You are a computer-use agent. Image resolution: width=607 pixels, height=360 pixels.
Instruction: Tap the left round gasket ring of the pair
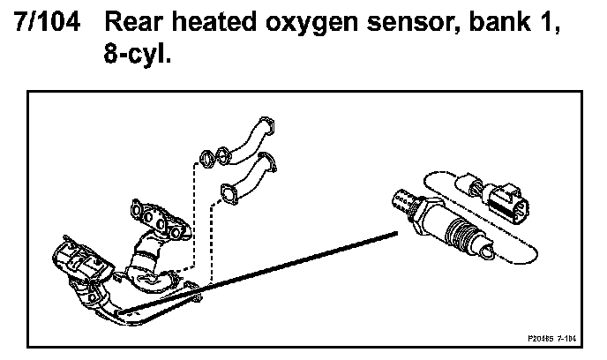pyautogui.click(x=205, y=160)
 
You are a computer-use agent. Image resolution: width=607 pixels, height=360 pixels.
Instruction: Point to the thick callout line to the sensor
pyautogui.click(x=265, y=273)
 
